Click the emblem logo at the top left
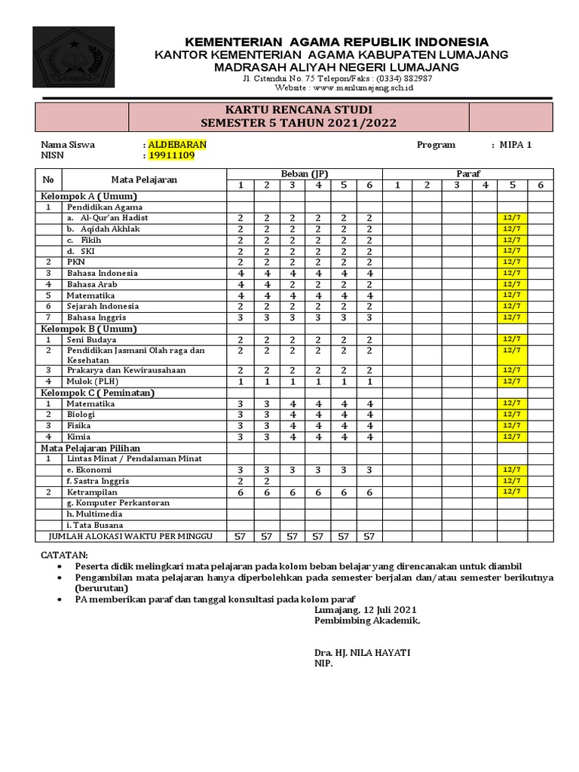click(74, 57)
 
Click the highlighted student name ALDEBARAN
click(177, 145)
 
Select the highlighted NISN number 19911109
click(172, 156)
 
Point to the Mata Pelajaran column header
click(145, 179)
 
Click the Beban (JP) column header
click(305, 174)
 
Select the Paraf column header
click(467, 174)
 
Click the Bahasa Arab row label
click(92, 284)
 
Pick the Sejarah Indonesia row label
click(103, 306)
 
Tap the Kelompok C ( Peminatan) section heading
click(98, 393)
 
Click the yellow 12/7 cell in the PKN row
click(512, 262)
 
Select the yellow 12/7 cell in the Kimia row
click(512, 437)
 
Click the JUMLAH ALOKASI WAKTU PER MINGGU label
click(131, 536)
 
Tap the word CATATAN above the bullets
click(64, 555)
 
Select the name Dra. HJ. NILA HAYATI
click(363, 652)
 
